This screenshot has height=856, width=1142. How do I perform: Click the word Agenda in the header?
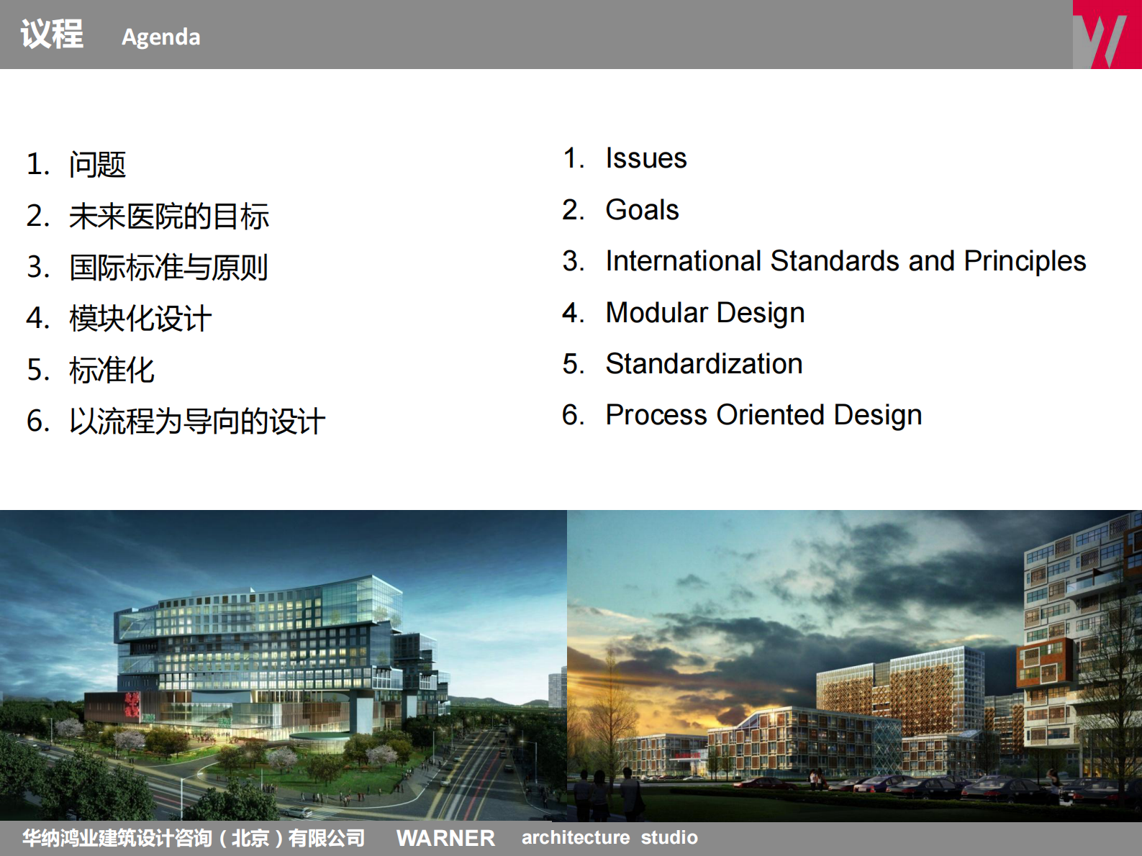(160, 37)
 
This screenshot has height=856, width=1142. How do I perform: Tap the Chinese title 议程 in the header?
(52, 35)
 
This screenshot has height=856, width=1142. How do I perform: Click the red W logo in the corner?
(1106, 35)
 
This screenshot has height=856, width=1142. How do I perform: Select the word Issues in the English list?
(645, 158)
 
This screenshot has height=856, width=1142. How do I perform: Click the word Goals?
(642, 210)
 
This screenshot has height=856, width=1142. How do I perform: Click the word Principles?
(1024, 261)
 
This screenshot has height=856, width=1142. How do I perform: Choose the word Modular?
(657, 313)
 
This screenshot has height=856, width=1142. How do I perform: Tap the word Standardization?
(703, 364)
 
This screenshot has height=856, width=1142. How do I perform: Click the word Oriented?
(770, 415)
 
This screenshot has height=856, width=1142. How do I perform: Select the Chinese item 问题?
(97, 165)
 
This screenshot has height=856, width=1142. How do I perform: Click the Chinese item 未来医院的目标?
(168, 217)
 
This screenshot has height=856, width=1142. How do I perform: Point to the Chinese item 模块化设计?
(140, 319)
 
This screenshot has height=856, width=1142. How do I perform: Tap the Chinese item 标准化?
(112, 370)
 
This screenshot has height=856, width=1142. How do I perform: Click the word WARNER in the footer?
(445, 838)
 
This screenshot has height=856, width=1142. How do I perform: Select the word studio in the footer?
(669, 838)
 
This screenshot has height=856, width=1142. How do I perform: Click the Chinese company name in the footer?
(193, 838)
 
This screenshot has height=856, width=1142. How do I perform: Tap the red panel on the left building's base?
(132, 706)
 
